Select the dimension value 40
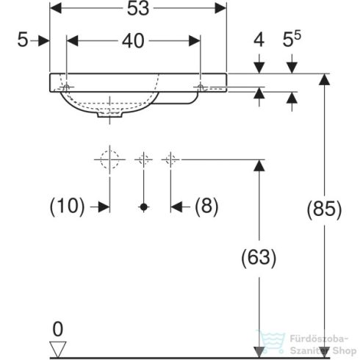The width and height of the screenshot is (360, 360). coord(133,43)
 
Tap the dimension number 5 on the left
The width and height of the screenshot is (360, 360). coord(24,42)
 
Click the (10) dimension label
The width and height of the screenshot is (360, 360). coord(67,207)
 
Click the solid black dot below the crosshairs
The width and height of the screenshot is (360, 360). coord(144,208)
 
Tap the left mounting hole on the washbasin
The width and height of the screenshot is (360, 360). coord(67,87)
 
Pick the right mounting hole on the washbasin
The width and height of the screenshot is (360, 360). coord(200,87)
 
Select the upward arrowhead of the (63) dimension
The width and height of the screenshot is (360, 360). coord(258,166)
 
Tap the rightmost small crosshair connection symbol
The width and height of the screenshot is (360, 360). coord(170,158)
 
